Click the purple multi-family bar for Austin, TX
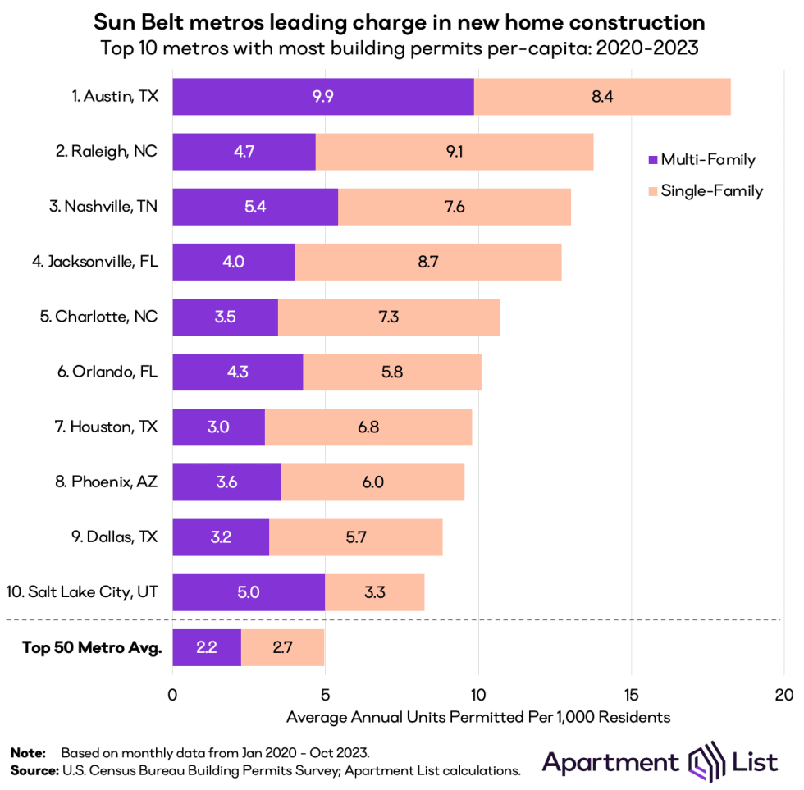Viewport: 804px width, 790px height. click(x=323, y=97)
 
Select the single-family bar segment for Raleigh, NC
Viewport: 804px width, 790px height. click(x=454, y=151)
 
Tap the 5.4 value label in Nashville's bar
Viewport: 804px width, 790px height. click(x=255, y=206)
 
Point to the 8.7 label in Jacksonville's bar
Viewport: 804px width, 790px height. click(x=427, y=261)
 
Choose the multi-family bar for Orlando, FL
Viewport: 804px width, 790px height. click(x=238, y=371)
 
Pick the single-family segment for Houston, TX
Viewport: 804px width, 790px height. click(x=368, y=426)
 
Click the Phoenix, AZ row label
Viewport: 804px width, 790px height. click(x=107, y=481)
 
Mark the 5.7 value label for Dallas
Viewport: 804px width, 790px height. click(x=355, y=536)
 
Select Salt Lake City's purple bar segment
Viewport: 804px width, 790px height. click(x=249, y=591)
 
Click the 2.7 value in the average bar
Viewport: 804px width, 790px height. click(x=282, y=648)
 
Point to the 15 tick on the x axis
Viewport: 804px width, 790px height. click(x=631, y=695)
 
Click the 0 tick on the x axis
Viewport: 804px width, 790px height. click(x=172, y=695)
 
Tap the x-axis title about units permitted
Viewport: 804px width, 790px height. click(x=478, y=717)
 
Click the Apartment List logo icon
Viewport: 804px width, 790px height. click(x=701, y=761)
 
